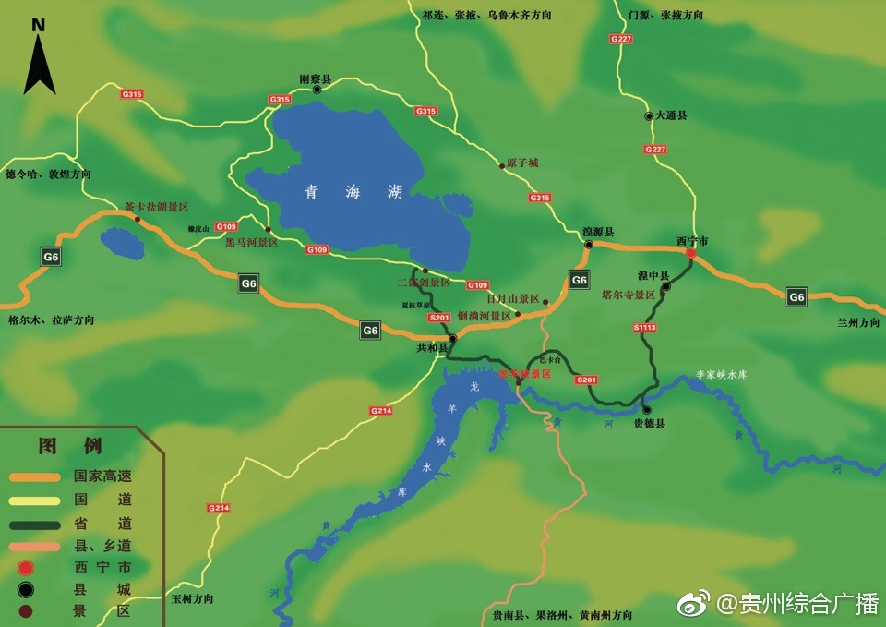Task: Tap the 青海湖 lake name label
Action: point(354,192)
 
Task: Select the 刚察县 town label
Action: point(315,79)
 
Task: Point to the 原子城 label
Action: point(522,163)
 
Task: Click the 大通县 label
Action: point(671,115)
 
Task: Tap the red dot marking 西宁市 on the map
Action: point(690,252)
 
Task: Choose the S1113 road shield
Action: point(645,328)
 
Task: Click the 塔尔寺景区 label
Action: point(628,295)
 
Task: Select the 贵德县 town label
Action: point(649,424)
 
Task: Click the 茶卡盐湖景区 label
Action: point(157,207)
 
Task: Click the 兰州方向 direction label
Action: point(858,322)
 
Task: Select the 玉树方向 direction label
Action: point(193,598)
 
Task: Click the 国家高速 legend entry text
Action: point(102,476)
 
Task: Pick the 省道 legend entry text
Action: point(102,522)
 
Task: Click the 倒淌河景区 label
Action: point(484,316)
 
